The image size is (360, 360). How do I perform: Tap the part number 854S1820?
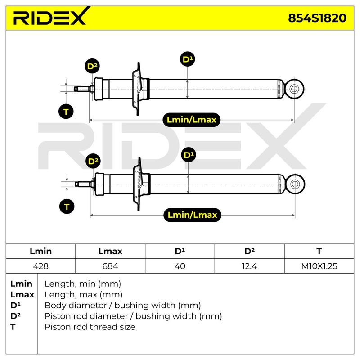tap(317, 18)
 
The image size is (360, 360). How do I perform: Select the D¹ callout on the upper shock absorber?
tap(188, 59)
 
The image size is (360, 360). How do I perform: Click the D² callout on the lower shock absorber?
tap(93, 161)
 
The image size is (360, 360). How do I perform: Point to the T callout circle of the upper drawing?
tap(66, 112)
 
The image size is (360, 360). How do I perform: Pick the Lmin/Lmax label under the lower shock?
tap(193, 215)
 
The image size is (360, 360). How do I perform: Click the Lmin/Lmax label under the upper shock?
tap(192, 120)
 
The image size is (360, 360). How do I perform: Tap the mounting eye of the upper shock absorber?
tap(294, 89)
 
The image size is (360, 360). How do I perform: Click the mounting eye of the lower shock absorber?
tap(295, 184)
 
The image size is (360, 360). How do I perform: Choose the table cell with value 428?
tap(40, 266)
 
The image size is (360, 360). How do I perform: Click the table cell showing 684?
tap(110, 266)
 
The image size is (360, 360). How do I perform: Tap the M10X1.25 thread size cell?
tap(319, 266)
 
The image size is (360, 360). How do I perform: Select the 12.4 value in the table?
tap(250, 266)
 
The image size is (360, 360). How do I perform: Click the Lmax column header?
tap(110, 251)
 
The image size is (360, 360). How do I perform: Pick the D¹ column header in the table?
tap(180, 251)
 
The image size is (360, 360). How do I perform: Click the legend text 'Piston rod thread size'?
tap(90, 327)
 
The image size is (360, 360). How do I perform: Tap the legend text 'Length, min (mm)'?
tap(83, 284)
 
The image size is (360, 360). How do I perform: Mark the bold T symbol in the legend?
tap(13, 327)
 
